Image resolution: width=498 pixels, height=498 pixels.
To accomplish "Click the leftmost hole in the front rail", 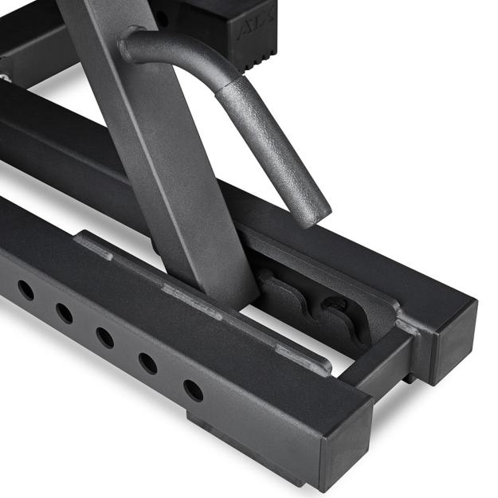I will pos(26,290).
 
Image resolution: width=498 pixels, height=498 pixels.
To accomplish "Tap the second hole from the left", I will pos(65,313).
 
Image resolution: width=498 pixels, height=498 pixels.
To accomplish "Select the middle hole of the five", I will pos(104,337).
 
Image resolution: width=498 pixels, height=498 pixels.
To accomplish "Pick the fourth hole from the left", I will pos(147,363).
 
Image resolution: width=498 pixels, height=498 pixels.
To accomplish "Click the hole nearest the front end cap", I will pos(193,390).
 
